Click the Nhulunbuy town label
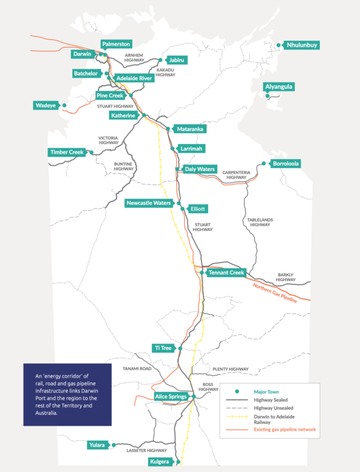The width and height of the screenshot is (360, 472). pos(302,45)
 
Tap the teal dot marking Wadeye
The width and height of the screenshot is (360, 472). pos(64,105)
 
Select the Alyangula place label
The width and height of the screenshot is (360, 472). pos(278,86)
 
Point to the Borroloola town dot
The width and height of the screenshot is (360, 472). pos(263,163)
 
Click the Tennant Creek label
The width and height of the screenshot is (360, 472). pos(226,273)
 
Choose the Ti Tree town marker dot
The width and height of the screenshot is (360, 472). pos(180,348)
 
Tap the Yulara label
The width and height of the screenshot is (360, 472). pos(97,445)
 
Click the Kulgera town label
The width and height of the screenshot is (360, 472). pos(160,461)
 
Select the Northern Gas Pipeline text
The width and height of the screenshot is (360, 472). pos(275,293)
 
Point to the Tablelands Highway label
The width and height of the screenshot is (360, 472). pos(260,222)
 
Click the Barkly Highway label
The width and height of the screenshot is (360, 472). pos(286,277)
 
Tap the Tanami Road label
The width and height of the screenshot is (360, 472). pos(137,369)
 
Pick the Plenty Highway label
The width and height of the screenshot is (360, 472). pos(230,369)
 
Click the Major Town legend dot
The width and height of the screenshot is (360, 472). pos(237,392)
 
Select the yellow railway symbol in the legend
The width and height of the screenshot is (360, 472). pos(237,417)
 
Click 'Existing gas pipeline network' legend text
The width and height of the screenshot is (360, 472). pos(285,429)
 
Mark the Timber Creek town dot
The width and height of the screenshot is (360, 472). pos(91,153)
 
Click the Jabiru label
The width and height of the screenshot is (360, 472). pos(176,60)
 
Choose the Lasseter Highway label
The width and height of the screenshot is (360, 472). pos(146,450)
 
